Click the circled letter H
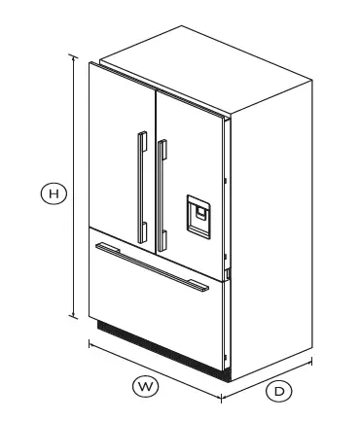pyautogui.click(x=55, y=194)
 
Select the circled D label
pyautogui.click(x=279, y=391)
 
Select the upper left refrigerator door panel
pyautogui.click(x=117, y=146)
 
